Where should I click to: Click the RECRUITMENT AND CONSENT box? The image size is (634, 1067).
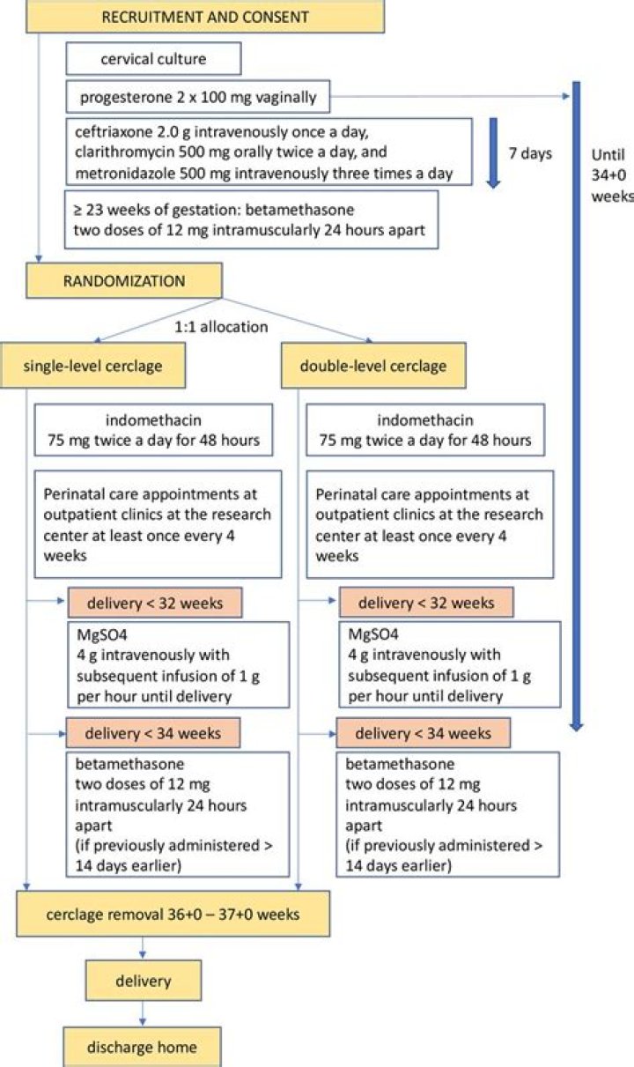pyautogui.click(x=205, y=16)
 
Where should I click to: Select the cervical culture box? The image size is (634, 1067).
pyautogui.click(x=153, y=58)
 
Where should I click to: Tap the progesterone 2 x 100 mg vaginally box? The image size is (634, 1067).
pyautogui.click(x=197, y=97)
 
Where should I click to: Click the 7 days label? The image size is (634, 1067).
pyautogui.click(x=530, y=153)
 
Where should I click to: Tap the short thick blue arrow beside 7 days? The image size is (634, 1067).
pyautogui.click(x=494, y=152)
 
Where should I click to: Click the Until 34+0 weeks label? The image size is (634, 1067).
pyautogui.click(x=612, y=175)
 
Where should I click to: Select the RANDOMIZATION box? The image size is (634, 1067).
pyautogui.click(x=124, y=280)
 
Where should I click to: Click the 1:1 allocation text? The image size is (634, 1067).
pyautogui.click(x=221, y=327)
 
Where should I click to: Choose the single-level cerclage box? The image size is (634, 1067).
pyautogui.click(x=92, y=366)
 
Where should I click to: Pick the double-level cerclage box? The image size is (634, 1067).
pyautogui.click(x=373, y=366)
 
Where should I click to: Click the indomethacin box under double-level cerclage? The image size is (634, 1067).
pyautogui.click(x=425, y=430)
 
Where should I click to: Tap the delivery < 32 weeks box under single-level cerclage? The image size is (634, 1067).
pyautogui.click(x=155, y=603)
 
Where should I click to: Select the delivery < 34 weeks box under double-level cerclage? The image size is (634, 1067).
pyautogui.click(x=424, y=732)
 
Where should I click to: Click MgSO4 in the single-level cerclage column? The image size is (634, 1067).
pyautogui.click(x=102, y=634)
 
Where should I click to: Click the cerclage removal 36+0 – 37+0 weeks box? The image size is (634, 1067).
pyautogui.click(x=173, y=914)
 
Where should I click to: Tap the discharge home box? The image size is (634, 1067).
pyautogui.click(x=142, y=1047)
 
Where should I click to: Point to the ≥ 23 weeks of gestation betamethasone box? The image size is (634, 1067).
pyautogui.click(x=251, y=219)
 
